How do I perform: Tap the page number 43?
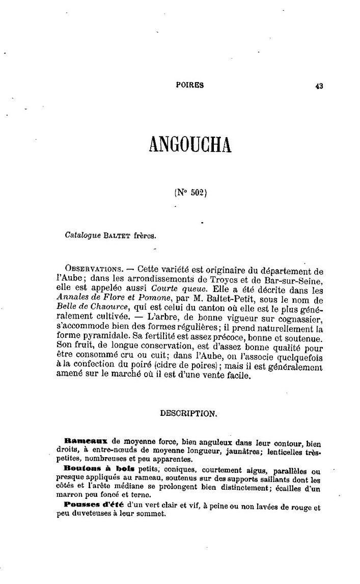pyautogui.click(x=319, y=86)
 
